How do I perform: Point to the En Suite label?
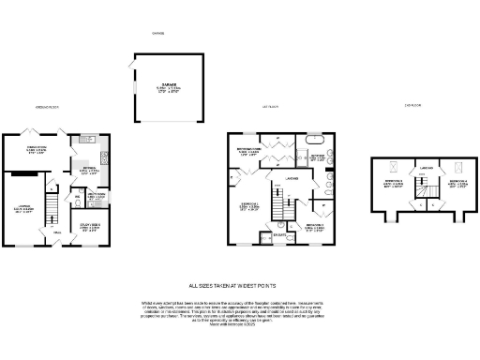279,235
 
